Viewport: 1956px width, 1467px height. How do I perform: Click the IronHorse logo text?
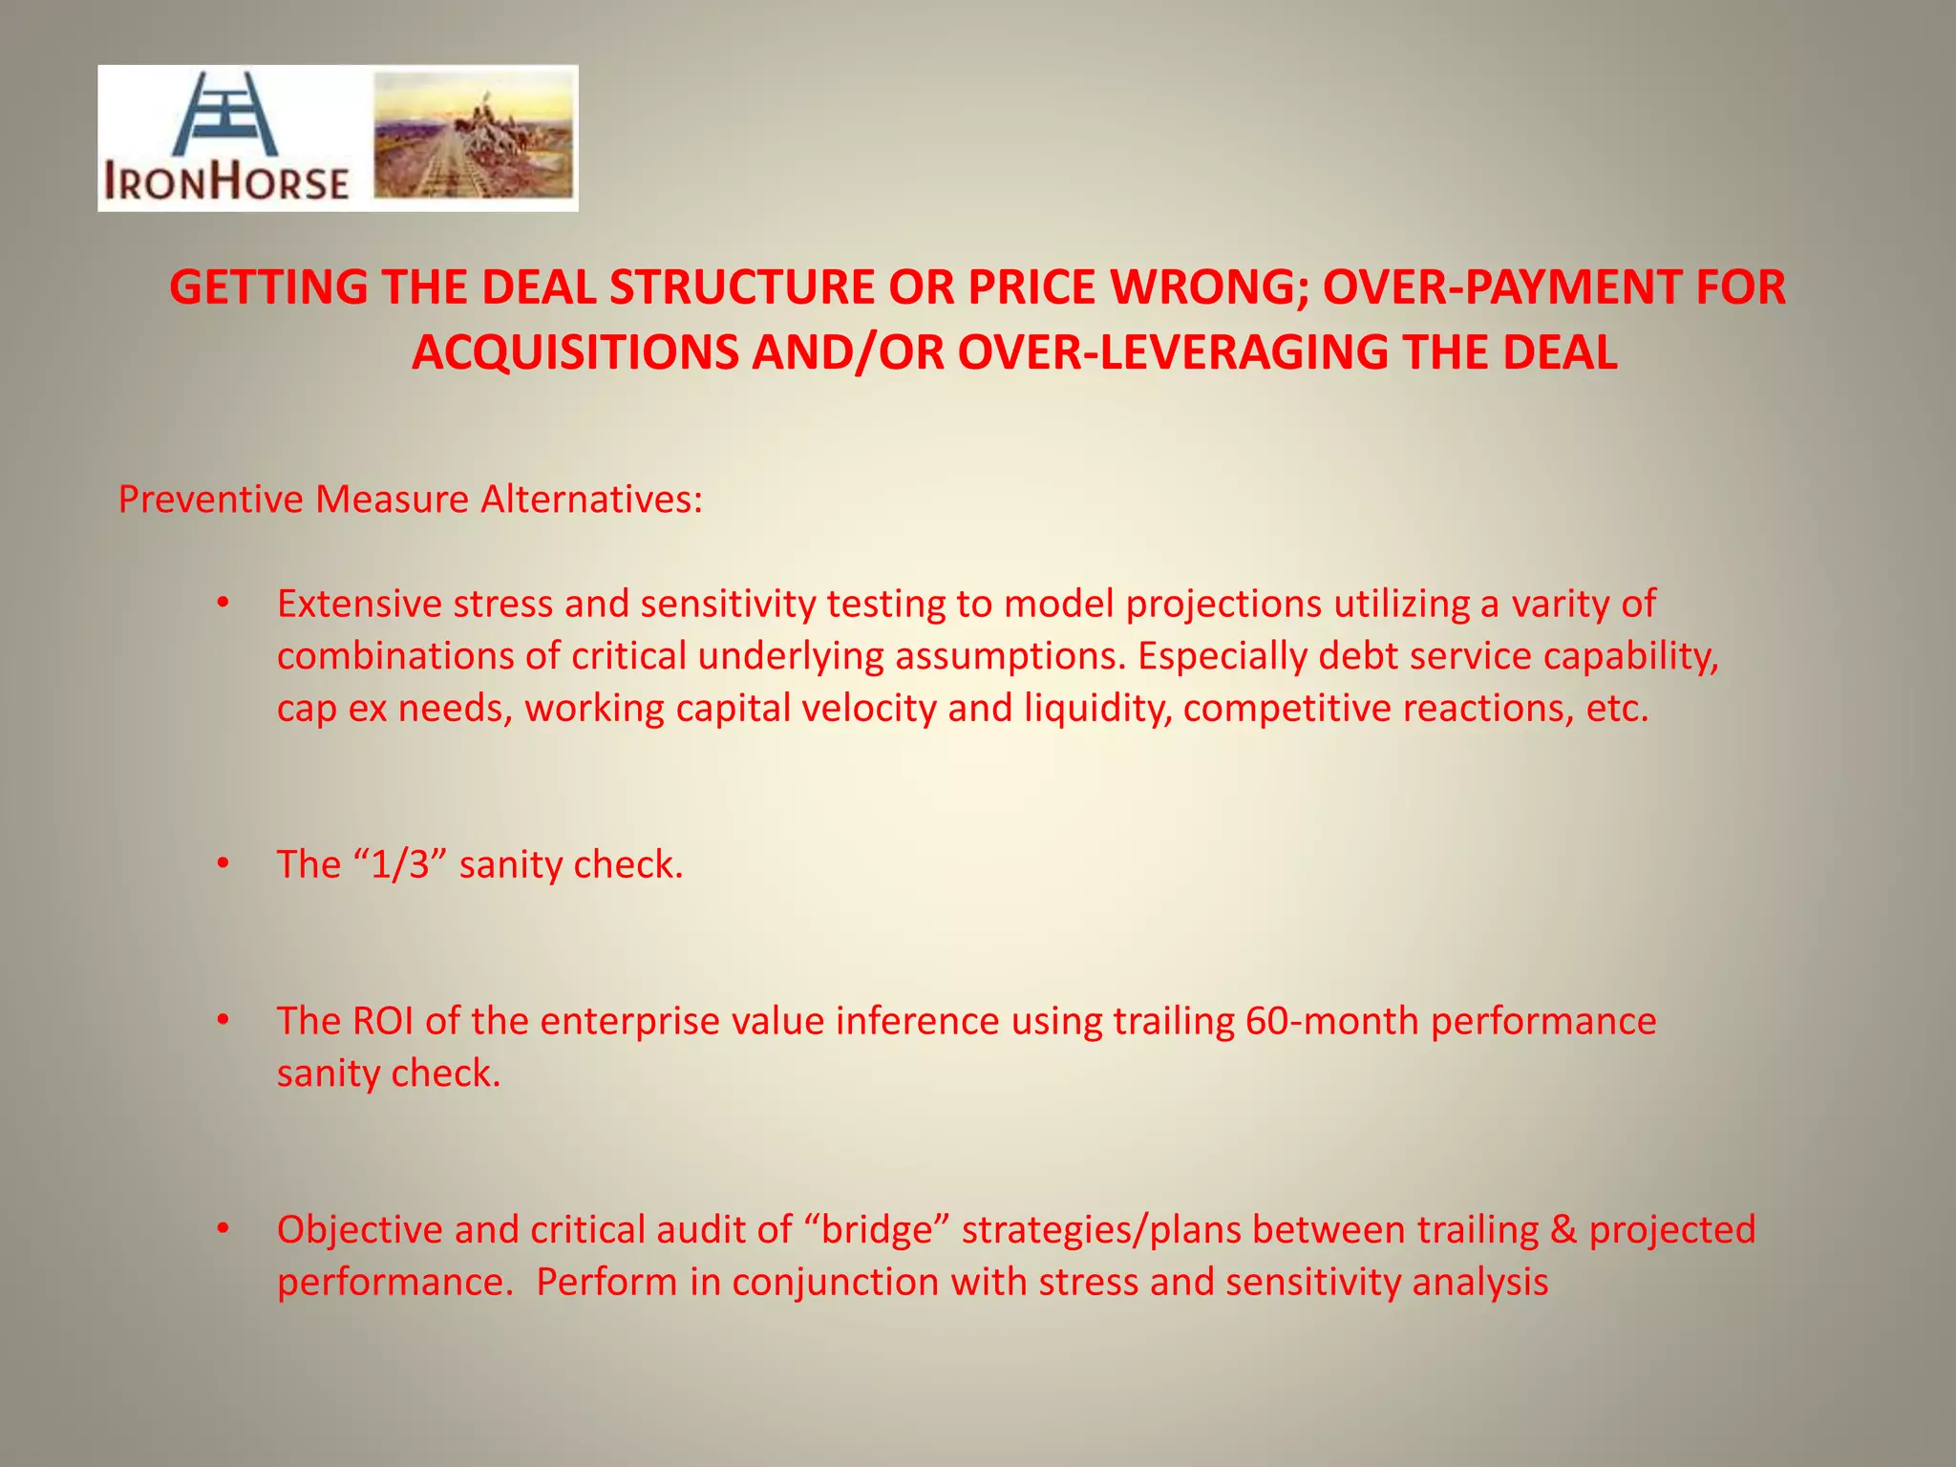click(225, 181)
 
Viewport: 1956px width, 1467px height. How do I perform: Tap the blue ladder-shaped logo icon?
click(225, 114)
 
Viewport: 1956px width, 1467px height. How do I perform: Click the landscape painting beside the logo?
click(474, 135)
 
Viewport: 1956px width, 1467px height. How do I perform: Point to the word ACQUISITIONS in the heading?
click(575, 352)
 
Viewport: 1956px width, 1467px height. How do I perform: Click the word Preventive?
click(211, 500)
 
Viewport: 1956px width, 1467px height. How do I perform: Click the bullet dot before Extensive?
click(223, 604)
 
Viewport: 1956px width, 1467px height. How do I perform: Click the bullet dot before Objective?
click(223, 1229)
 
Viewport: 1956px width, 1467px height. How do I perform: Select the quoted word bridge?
click(876, 1229)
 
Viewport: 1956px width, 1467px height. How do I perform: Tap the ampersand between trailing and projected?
click(1563, 1229)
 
